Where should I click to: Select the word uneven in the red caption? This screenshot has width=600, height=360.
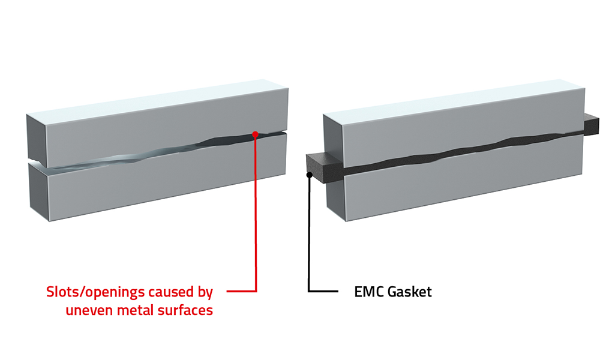click(86, 311)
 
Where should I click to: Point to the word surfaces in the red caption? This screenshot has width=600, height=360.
click(183, 311)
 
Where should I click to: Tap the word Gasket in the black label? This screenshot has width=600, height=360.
click(408, 293)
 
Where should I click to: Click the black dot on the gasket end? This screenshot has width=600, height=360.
click(309, 175)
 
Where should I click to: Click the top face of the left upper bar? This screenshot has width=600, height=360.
click(156, 102)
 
